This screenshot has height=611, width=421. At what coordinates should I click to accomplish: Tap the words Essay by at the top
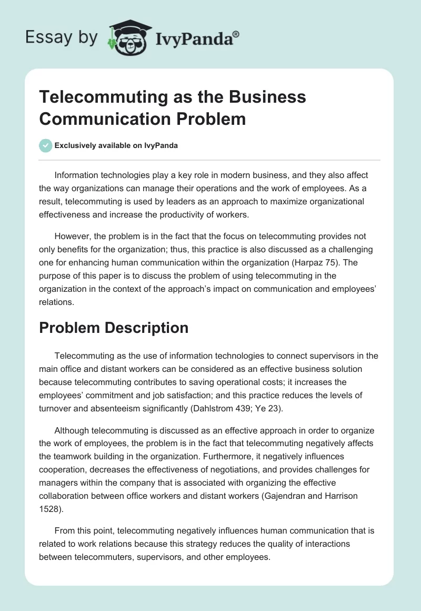(x=60, y=37)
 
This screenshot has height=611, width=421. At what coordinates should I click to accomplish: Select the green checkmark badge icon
(x=46, y=145)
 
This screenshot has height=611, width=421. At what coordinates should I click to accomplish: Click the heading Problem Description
(x=114, y=328)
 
